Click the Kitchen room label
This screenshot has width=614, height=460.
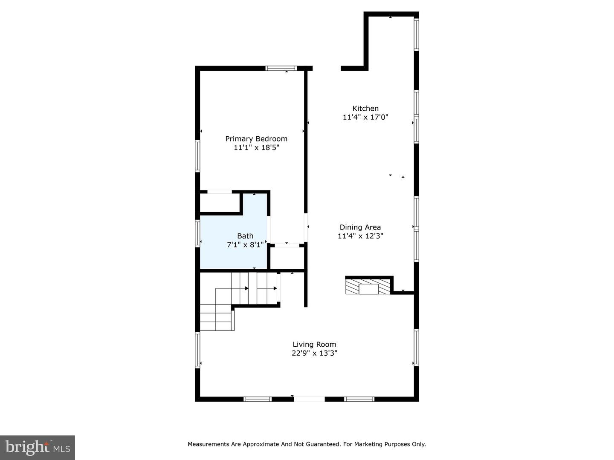[365, 108]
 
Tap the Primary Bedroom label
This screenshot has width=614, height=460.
[256, 138]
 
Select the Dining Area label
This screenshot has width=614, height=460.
[360, 227]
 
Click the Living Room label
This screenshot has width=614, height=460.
[314, 344]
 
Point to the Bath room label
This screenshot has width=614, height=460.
[245, 236]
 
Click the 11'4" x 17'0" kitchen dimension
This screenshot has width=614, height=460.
[365, 117]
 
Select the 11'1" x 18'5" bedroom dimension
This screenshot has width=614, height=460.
[256, 147]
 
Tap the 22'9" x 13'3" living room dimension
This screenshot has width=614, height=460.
[314, 353]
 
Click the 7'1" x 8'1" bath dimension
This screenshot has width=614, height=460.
[245, 244]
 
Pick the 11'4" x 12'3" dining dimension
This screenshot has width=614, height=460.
[360, 236]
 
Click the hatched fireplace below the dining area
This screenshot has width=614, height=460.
[368, 287]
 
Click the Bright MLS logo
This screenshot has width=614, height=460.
[38, 447]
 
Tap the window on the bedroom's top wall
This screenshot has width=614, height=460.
[281, 68]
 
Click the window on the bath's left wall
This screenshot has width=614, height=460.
[197, 233]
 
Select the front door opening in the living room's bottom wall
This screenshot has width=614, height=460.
[309, 399]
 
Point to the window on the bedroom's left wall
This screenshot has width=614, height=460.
[197, 156]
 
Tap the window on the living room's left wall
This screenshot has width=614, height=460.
[197, 350]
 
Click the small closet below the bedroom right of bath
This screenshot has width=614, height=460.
[287, 258]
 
